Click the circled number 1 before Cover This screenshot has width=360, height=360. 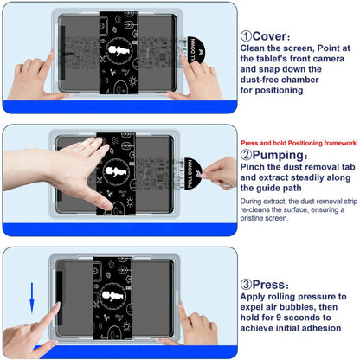tap(246, 36)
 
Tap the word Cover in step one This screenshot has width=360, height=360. tap(269, 36)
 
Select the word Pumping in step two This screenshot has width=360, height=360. tap(278, 156)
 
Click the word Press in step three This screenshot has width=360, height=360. tap(268, 285)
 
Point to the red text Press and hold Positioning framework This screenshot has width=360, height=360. tap(299, 143)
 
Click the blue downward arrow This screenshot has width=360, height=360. tap(32, 299)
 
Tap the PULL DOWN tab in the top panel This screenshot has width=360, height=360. tap(196, 50)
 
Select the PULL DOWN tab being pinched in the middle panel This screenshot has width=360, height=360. tap(193, 174)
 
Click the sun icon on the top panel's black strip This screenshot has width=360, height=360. tap(133, 81)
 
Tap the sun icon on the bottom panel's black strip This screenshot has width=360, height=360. tap(126, 327)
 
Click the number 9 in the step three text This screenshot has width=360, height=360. tap(279, 318)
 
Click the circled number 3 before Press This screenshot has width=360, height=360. tap(246, 285)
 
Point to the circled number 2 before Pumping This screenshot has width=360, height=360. tap(246, 156)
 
